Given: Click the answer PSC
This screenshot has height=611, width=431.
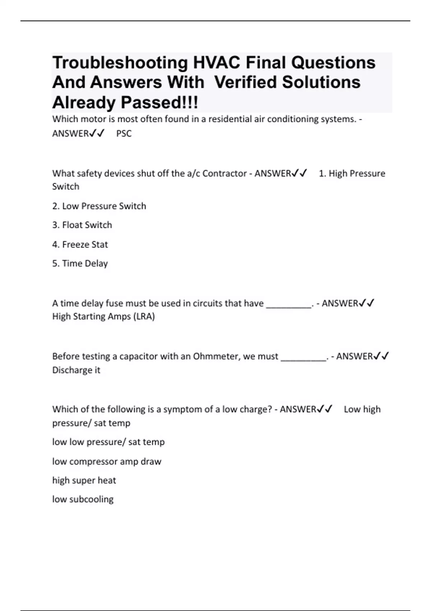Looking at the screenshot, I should tap(124, 134).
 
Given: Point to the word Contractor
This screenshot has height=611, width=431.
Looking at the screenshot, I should tap(224, 174).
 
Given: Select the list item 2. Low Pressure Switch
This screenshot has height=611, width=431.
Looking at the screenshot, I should tap(99, 206).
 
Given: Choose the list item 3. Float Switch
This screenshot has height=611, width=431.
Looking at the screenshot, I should tap(82, 225).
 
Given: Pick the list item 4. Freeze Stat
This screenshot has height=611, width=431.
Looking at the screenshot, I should tap(80, 245).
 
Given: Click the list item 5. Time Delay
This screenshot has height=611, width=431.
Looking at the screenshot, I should tap(80, 263).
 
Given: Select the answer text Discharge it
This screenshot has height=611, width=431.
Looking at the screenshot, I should tap(76, 370).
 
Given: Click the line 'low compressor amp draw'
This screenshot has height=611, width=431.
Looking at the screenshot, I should tap(107, 461).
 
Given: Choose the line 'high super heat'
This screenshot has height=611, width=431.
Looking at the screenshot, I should tap(84, 481).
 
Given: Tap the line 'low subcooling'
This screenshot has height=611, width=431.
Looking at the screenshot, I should tap(83, 499).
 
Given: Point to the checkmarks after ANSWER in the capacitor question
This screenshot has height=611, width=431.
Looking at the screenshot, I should tap(381, 356).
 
